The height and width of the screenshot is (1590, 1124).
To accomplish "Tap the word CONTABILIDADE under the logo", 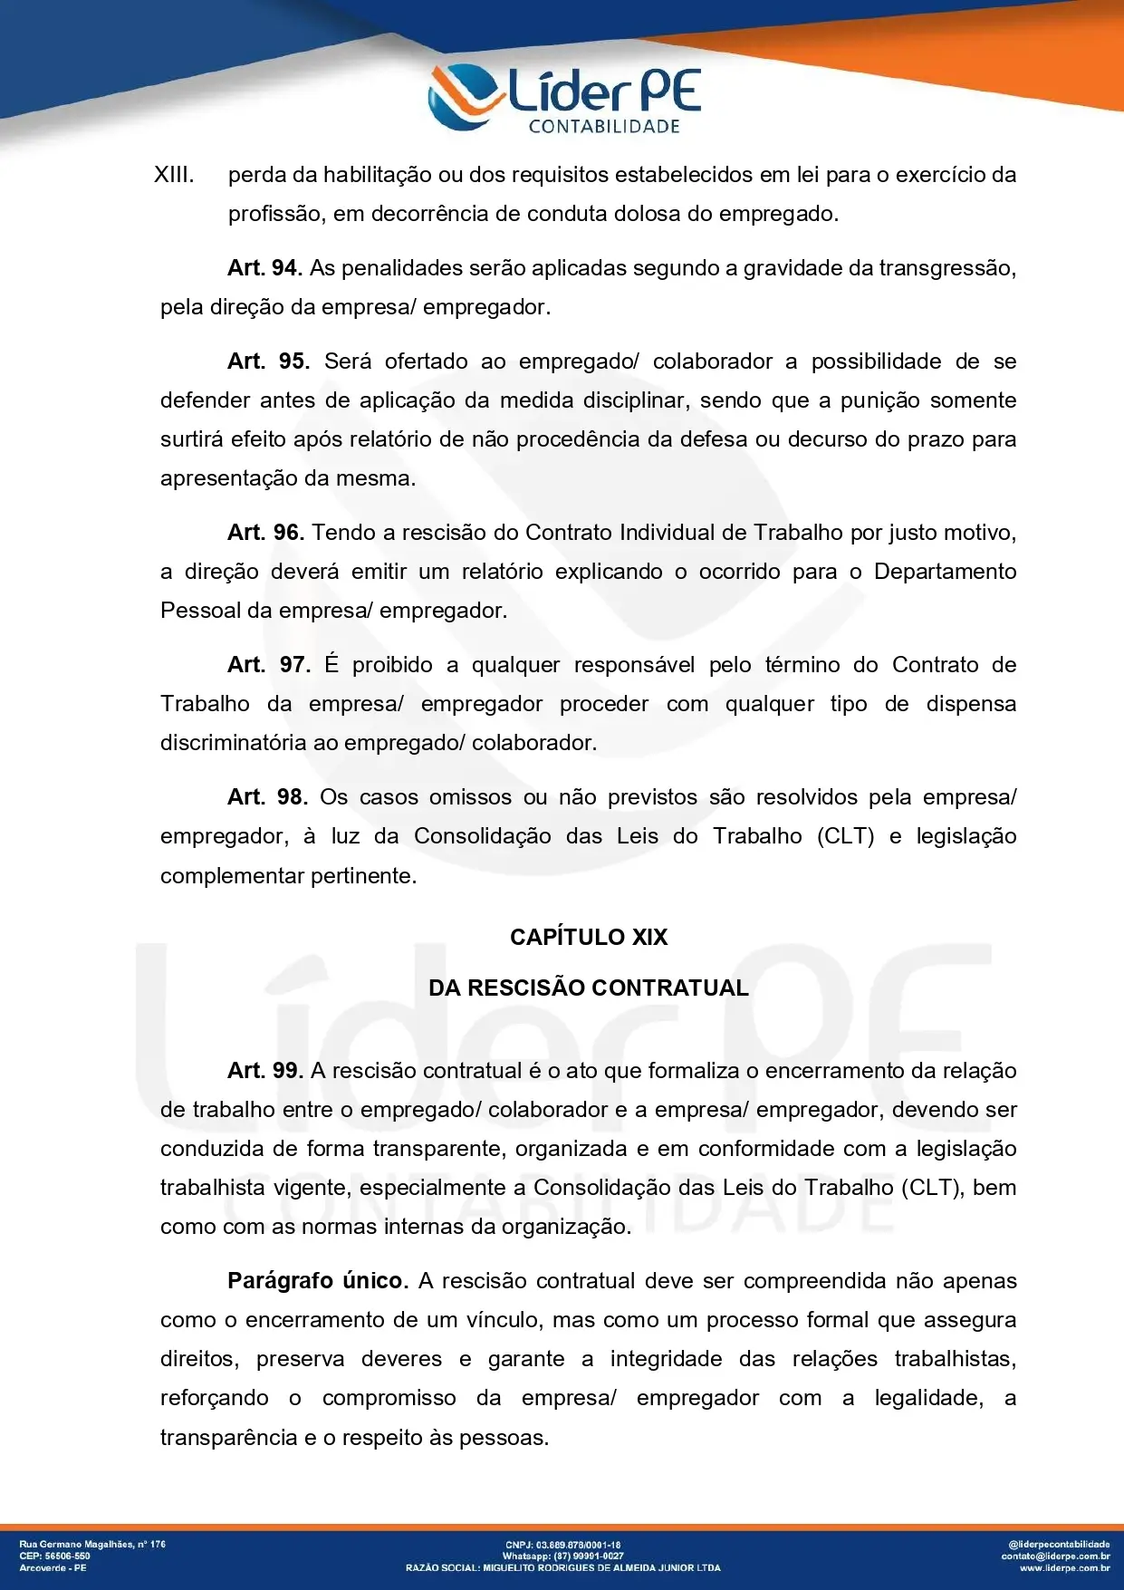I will click(604, 127).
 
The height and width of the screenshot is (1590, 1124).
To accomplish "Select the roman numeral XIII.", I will click(174, 175).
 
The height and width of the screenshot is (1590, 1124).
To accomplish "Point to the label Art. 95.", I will click(268, 361).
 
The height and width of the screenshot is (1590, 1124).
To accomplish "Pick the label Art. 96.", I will click(265, 533).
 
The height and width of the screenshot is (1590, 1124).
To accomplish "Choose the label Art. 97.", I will click(269, 665).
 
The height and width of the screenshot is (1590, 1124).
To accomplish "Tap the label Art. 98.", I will click(268, 797).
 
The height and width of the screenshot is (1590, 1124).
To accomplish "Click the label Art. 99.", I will click(265, 1071).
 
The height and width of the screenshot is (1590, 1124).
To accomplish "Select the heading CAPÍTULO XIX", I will click(589, 938).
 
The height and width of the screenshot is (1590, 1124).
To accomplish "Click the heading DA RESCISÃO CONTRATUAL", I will click(589, 988).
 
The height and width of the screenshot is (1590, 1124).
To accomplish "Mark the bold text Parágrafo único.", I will click(318, 1281).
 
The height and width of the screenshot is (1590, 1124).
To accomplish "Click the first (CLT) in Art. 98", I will click(846, 836).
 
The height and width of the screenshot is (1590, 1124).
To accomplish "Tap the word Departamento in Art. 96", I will click(945, 572).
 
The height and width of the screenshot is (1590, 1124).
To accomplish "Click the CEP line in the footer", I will click(55, 1556).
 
